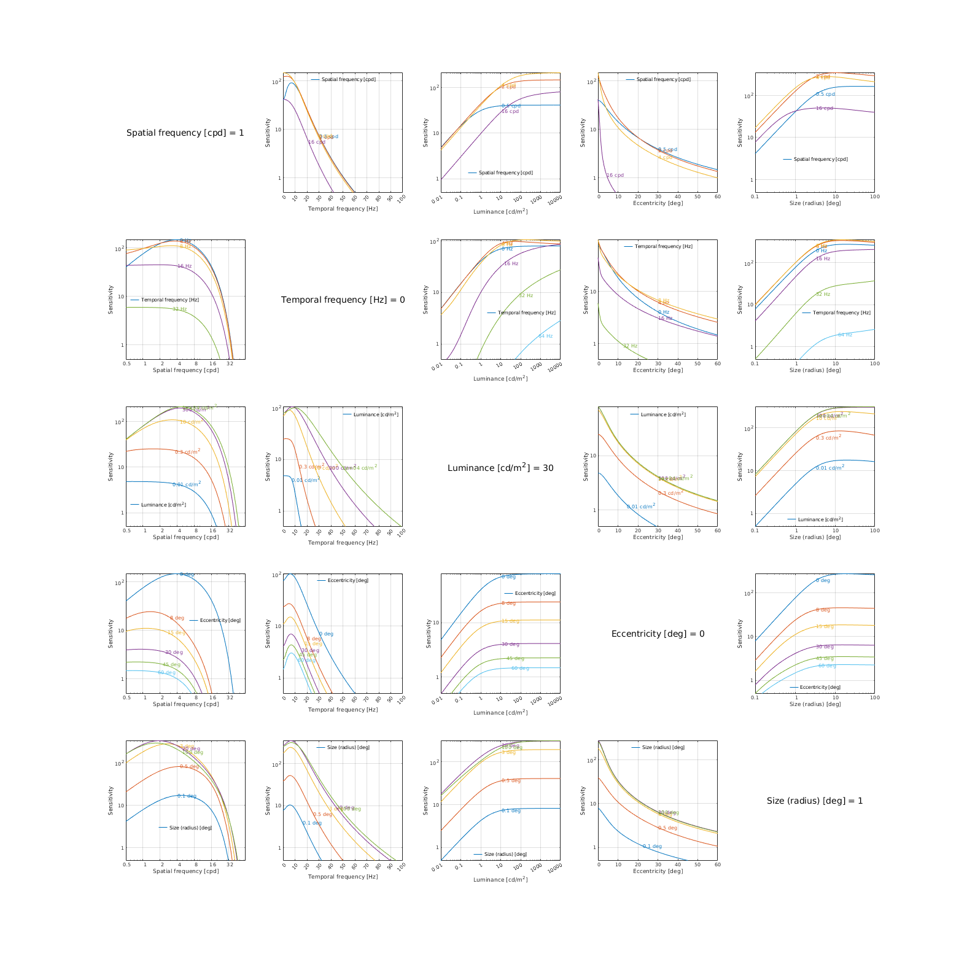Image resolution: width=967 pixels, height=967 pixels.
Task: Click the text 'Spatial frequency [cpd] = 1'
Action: pyautogui.click(x=185, y=133)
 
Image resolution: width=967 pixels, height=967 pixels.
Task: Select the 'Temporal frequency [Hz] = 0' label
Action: pyautogui.click(x=343, y=300)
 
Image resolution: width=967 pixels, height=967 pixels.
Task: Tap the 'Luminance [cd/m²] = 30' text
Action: pyautogui.click(x=500, y=468)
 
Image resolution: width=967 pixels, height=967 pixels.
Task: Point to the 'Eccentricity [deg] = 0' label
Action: pyautogui.click(x=658, y=634)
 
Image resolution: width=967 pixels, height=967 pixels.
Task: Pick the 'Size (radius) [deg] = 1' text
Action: pyautogui.click(x=815, y=801)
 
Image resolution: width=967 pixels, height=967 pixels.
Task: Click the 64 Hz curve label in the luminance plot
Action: pyautogui.click(x=545, y=336)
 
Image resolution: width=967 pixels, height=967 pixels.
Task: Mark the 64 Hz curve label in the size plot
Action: pyautogui.click(x=845, y=335)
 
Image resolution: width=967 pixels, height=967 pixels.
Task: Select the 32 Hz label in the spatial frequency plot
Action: pyautogui.click(x=179, y=309)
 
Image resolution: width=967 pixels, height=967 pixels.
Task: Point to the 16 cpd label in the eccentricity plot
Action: pyautogui.click(x=615, y=175)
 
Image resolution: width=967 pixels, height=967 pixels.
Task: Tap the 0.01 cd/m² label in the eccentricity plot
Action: pyautogui.click(x=641, y=507)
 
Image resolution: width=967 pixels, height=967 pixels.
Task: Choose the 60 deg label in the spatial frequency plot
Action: pyautogui.click(x=166, y=672)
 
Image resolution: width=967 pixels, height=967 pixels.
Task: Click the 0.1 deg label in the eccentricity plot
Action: pyautogui.click(x=652, y=846)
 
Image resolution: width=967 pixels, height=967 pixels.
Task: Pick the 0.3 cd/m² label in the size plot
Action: pyautogui.click(x=828, y=438)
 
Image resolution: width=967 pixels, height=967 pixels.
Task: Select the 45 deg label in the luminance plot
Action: pyautogui.click(x=515, y=658)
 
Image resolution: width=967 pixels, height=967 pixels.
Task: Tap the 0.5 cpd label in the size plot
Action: pyautogui.click(x=825, y=94)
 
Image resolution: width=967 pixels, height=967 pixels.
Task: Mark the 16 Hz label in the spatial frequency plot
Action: pyautogui.click(x=184, y=266)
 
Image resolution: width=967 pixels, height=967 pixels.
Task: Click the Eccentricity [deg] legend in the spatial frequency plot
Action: pyautogui.click(x=216, y=620)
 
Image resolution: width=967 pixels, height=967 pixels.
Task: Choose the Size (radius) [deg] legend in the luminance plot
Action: pyautogui.click(x=500, y=854)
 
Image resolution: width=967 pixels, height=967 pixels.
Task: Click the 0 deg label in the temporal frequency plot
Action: pyautogui.click(x=326, y=634)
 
